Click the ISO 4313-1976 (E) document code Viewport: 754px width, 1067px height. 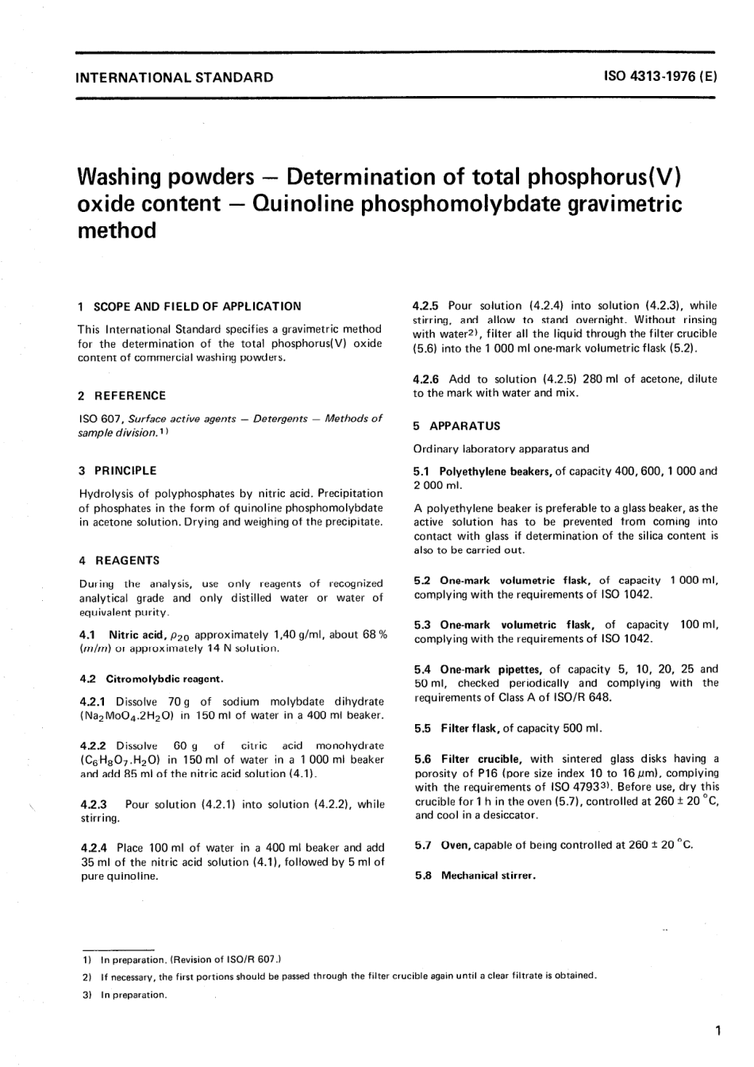point(660,78)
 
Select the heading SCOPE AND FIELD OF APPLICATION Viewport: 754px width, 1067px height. point(198,306)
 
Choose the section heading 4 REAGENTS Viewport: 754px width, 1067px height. point(120,560)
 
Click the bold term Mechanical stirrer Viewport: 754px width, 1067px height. point(488,876)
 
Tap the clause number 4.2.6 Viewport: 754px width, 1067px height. point(427,379)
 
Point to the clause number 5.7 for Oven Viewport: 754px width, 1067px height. point(423,846)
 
